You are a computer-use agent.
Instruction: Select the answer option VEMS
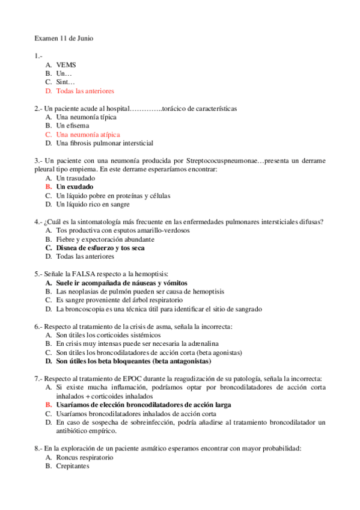tap(66, 64)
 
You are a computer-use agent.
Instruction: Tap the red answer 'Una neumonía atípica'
tap(88, 135)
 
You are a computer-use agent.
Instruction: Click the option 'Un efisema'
tap(73, 126)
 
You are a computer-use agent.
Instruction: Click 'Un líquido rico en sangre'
tap(93, 204)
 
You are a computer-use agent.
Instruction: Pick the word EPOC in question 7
tap(124, 379)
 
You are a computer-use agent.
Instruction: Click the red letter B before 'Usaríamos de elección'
tap(49, 405)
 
